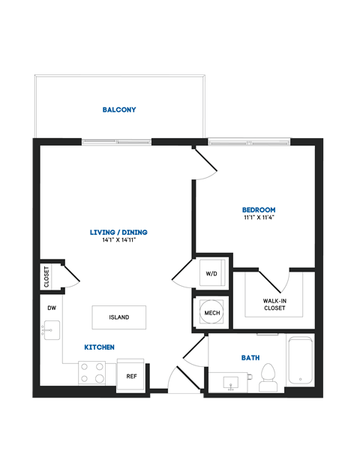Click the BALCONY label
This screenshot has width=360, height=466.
pos(119,110)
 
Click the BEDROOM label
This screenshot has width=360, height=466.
pos(258,209)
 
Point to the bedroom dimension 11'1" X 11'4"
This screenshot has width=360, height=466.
pos(258,218)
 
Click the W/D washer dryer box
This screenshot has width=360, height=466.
pos(211,274)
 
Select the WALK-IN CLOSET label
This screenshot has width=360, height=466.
pos(274,304)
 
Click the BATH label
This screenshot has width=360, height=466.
pos(250,358)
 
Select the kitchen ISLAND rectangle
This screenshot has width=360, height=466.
pos(119,317)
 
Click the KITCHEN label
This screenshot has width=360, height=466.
pos(99,347)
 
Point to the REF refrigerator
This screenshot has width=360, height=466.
pos(131,375)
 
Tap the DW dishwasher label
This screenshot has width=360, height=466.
pos(52,308)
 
